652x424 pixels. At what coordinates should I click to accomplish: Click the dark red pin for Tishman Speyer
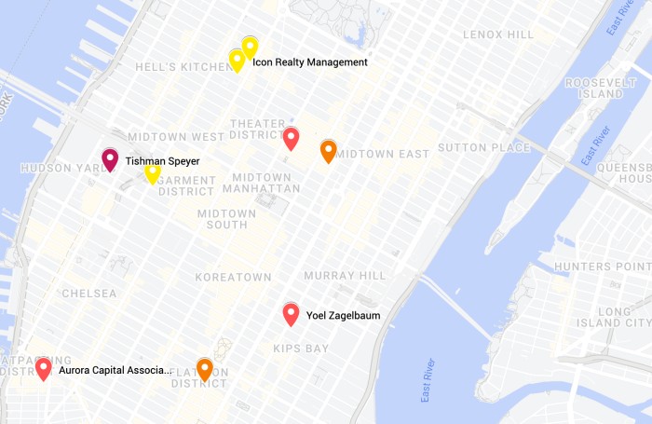pyautogui.click(x=110, y=160)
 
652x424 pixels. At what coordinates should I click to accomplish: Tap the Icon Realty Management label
pyautogui.click(x=310, y=62)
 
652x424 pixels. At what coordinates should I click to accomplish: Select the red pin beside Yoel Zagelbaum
pyautogui.click(x=291, y=314)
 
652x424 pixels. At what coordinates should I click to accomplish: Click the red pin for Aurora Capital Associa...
pyautogui.click(x=43, y=368)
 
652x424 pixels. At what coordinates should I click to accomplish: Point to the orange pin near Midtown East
pyautogui.click(x=328, y=150)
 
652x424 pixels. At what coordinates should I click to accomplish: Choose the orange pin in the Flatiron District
pyautogui.click(x=204, y=369)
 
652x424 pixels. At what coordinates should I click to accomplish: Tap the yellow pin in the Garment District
pyautogui.click(x=153, y=172)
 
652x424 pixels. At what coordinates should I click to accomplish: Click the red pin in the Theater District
pyautogui.click(x=291, y=139)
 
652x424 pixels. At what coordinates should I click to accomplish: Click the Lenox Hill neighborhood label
pyautogui.click(x=498, y=34)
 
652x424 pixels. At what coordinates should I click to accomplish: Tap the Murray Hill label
pyautogui.click(x=344, y=276)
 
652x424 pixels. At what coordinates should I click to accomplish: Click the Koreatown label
pyautogui.click(x=233, y=277)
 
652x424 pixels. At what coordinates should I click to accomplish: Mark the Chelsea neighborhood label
pyautogui.click(x=89, y=294)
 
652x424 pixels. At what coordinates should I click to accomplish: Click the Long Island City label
pyautogui.click(x=624, y=317)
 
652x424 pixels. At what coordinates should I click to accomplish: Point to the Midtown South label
pyautogui.click(x=226, y=219)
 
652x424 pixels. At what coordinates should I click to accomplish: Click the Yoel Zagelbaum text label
pyautogui.click(x=343, y=316)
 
